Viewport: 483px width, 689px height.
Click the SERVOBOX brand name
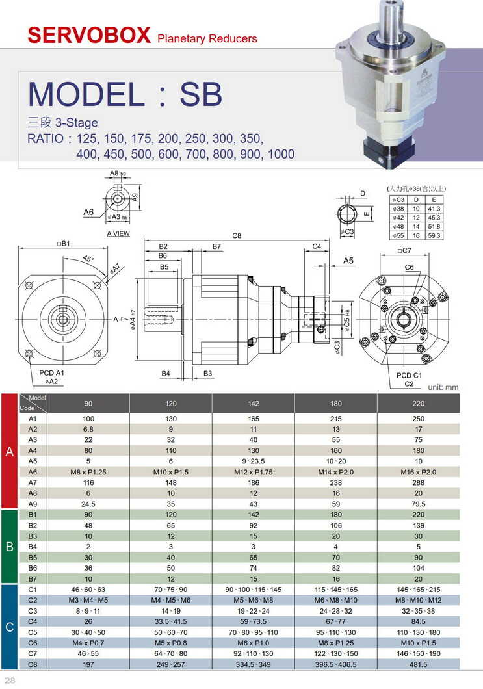point(89,35)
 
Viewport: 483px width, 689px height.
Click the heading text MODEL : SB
point(125,94)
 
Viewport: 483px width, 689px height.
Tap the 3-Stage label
point(63,122)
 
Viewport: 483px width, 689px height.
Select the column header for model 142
point(254,404)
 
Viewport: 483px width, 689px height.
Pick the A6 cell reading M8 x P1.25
point(88,471)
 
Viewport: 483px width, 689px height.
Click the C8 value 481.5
point(418,664)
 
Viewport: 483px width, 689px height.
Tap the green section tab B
point(10,547)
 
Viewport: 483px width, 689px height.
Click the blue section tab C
point(10,627)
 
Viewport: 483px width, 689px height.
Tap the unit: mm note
point(443,387)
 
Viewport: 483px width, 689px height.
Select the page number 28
point(10,680)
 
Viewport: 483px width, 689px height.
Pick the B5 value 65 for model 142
point(254,558)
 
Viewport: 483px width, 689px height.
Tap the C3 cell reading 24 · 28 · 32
point(335,611)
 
